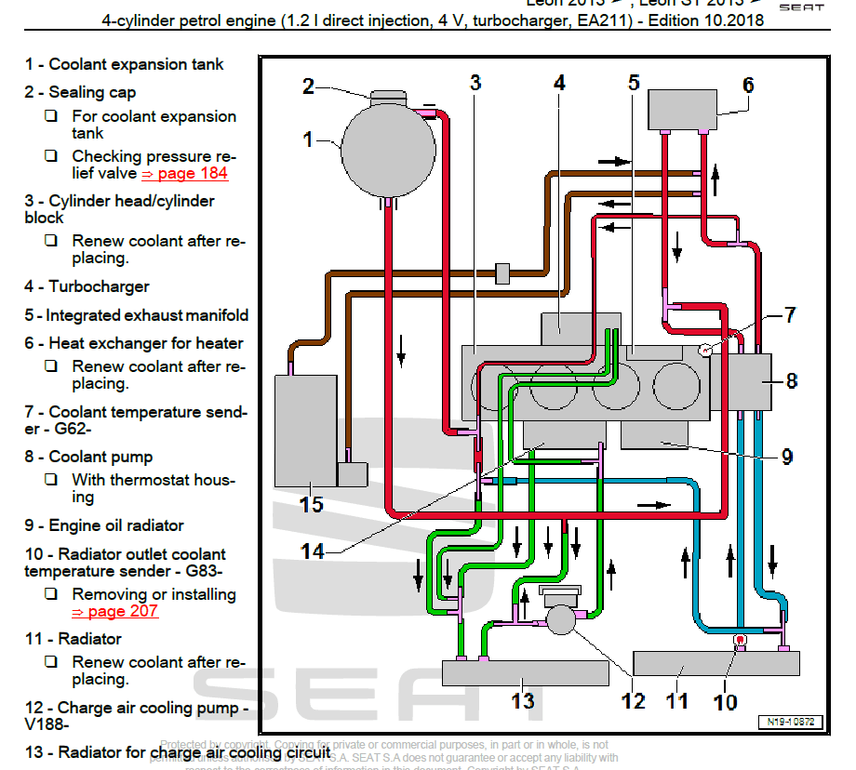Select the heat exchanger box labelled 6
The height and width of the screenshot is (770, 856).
(x=683, y=110)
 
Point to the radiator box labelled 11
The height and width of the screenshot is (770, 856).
(x=716, y=662)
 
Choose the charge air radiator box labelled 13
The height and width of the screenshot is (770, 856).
(x=525, y=670)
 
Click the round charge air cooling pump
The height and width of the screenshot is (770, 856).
(x=561, y=619)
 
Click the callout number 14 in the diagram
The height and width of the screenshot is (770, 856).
(x=313, y=551)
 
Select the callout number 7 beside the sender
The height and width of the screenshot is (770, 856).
(x=789, y=315)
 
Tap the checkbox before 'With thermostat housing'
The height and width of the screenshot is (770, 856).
(x=52, y=480)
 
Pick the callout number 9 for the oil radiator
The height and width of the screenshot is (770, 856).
(x=786, y=457)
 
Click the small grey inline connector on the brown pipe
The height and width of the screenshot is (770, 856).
(x=502, y=273)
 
